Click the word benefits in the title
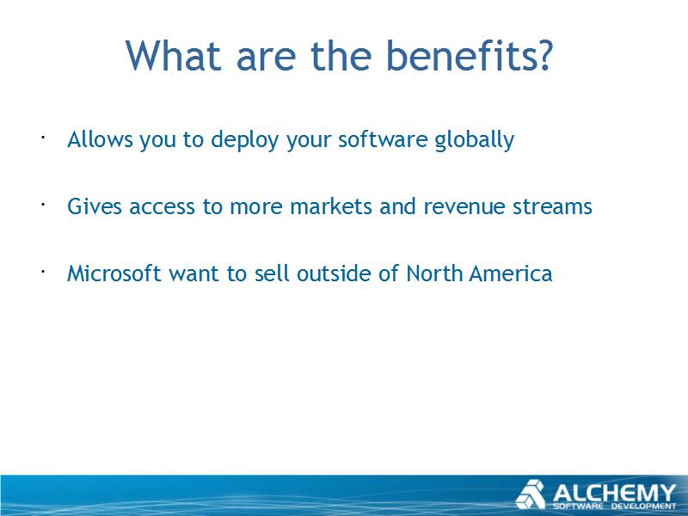point(463,55)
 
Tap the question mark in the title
point(545,55)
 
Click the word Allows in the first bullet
point(100,139)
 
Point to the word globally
point(475,140)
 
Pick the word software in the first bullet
point(383,139)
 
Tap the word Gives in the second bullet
point(95,206)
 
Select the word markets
point(331,206)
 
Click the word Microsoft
point(114,273)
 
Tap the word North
point(434,273)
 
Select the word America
point(511,273)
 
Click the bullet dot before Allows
point(43,138)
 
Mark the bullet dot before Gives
point(43,205)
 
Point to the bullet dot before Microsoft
point(43,272)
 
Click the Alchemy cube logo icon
point(530,494)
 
